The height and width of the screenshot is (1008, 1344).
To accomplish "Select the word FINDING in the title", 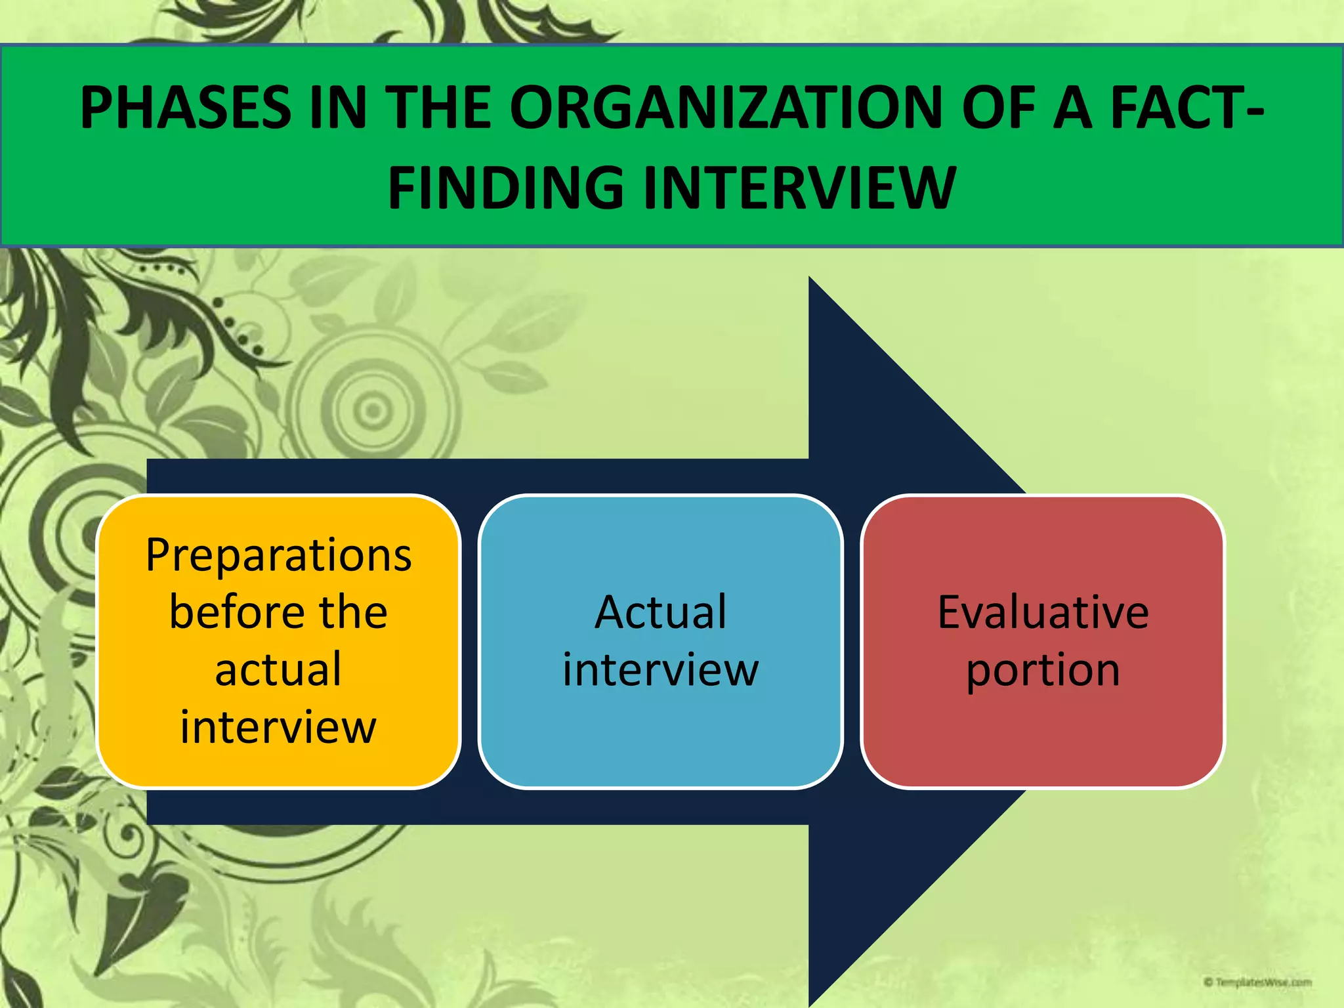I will [505, 188].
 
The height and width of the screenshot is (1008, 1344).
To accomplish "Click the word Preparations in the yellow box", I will [278, 555].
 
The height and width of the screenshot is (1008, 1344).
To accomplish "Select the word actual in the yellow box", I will [278, 669].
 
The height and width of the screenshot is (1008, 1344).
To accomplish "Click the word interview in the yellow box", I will [278, 727].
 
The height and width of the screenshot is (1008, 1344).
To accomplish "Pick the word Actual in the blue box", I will [661, 612].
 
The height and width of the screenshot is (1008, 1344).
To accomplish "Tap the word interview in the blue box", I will [661, 669].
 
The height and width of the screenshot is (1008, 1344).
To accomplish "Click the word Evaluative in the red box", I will [1043, 612].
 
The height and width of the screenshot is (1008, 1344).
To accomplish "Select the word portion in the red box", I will [1043, 671].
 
